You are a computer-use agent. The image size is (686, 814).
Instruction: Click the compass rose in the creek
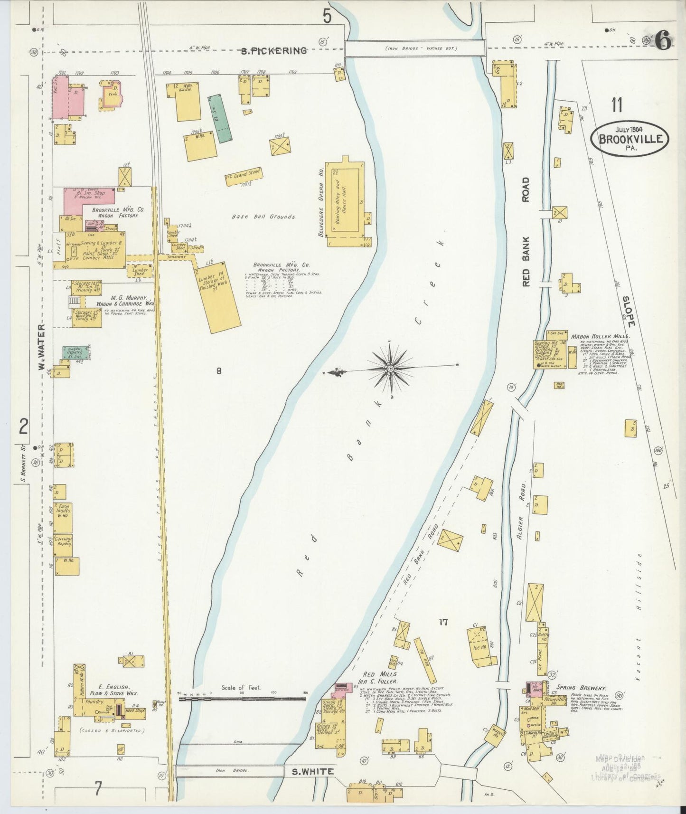pos(390,368)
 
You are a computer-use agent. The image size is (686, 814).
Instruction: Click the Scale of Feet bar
pos(242,699)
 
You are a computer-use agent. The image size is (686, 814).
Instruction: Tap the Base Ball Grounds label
pos(263,217)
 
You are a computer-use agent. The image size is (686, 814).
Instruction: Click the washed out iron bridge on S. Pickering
pos(414,48)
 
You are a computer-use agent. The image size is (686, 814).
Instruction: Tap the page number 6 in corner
pos(663,42)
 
